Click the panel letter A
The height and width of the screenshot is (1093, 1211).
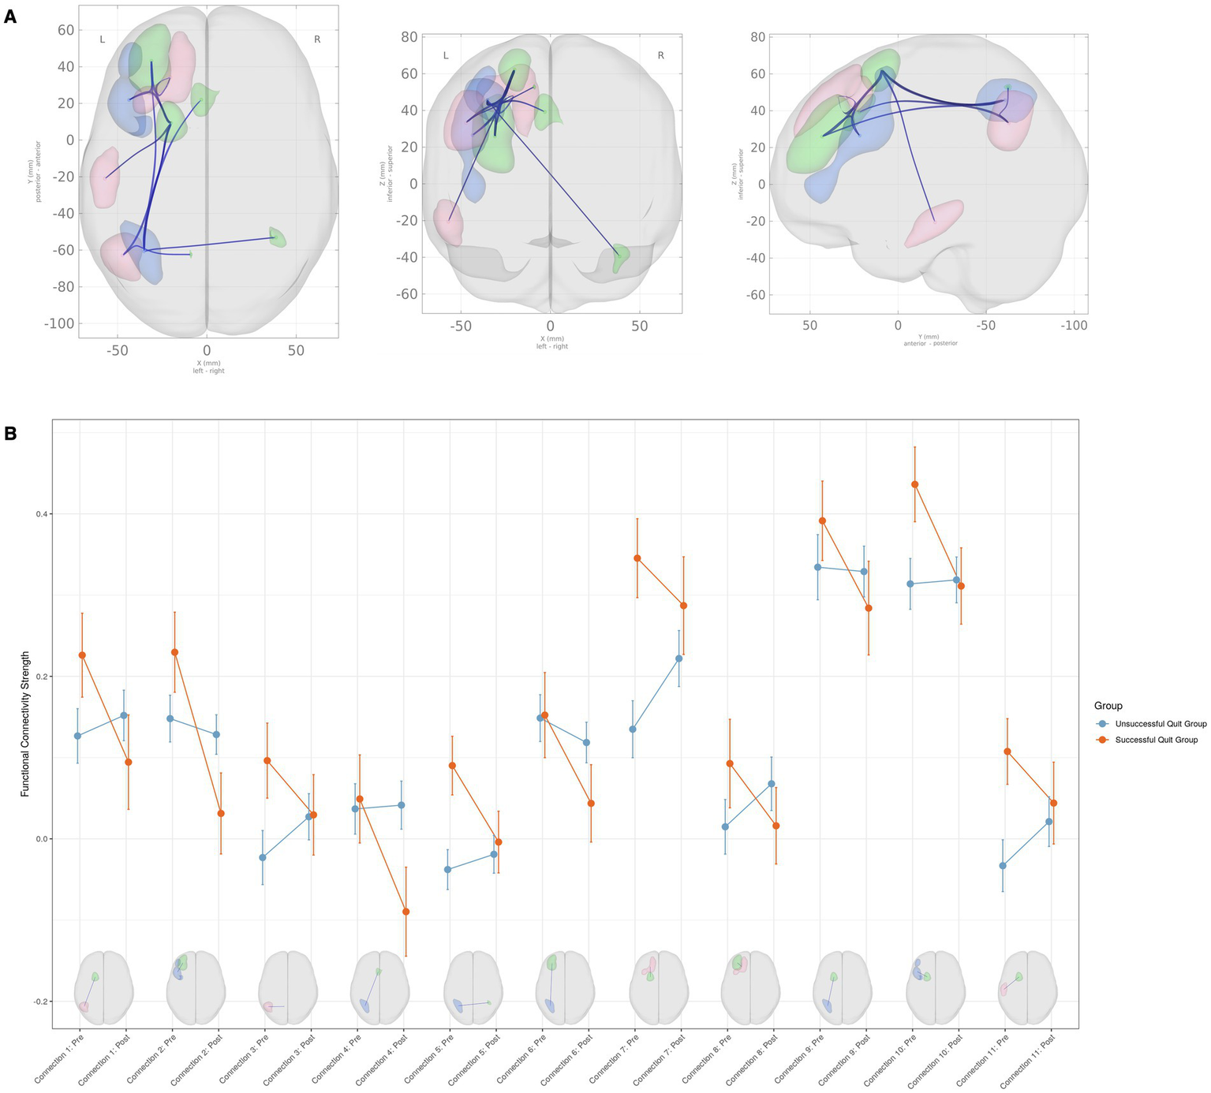9,17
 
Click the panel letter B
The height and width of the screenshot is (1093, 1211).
9,433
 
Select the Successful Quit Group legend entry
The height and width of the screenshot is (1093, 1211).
1156,740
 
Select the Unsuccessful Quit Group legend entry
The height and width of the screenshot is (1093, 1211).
1160,723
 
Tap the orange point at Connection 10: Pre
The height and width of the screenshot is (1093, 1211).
915,484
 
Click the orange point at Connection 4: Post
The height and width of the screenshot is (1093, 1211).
406,912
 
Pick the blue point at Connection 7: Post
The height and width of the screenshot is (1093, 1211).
678,658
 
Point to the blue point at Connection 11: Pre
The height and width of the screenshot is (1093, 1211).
1003,865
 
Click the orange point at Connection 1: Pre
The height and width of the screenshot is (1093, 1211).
82,655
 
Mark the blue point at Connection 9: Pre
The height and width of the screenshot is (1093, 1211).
818,567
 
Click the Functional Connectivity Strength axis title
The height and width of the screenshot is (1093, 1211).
25,723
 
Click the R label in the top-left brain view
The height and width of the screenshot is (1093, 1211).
317,39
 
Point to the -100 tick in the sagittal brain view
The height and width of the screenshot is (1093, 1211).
1073,325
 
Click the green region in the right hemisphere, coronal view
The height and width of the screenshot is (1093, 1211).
621,257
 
